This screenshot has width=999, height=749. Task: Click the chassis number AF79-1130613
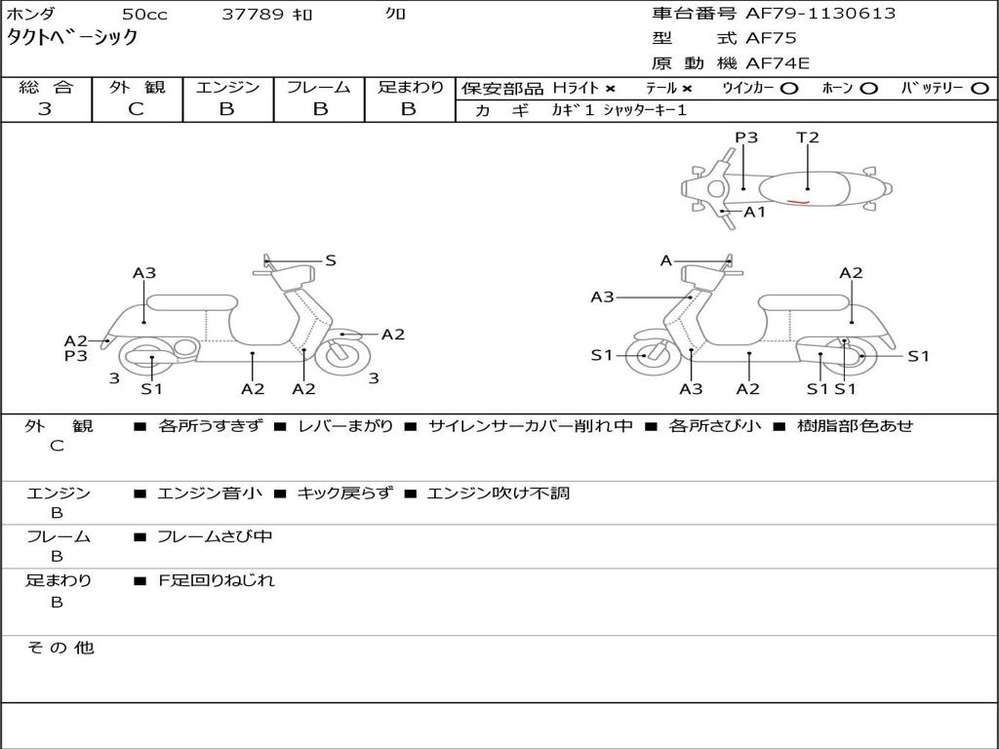[x=806, y=14]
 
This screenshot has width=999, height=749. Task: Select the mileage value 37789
[x=253, y=15]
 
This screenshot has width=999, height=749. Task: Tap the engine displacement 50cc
[x=142, y=15]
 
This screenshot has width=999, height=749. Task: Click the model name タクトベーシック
[x=72, y=38]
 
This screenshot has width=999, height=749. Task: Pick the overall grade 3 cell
[x=45, y=109]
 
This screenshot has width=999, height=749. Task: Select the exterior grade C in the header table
[x=136, y=109]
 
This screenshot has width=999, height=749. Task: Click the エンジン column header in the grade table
[x=227, y=88]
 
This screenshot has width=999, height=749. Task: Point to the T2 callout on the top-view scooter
[x=808, y=138]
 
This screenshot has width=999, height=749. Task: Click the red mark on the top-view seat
[x=798, y=203]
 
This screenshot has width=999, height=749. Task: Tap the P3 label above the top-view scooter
[x=746, y=138]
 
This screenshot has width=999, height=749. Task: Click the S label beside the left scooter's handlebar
[x=331, y=260]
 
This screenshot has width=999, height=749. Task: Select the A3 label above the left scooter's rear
[x=144, y=273]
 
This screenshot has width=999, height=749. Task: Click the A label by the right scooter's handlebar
[x=666, y=260]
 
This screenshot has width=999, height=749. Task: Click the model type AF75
[x=771, y=39]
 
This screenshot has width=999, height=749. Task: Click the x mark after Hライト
[x=610, y=88]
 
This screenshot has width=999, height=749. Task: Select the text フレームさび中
[x=215, y=536]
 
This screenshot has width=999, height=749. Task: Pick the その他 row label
[x=60, y=648]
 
